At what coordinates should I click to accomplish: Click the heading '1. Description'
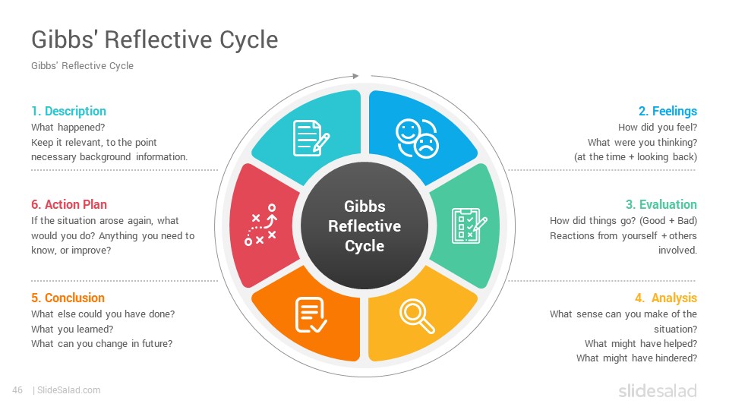[x=69, y=111]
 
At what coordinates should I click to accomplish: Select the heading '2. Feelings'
[x=667, y=111]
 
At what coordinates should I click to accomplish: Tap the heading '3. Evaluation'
[x=661, y=204]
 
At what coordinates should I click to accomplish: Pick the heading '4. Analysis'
[x=666, y=298]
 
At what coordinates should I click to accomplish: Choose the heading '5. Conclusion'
[x=68, y=298]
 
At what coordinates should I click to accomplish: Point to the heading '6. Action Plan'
[x=69, y=204]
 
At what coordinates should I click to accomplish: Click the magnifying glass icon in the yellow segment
[x=417, y=317]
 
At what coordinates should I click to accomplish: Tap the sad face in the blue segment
[x=426, y=146]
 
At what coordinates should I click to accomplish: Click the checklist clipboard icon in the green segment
[x=469, y=226]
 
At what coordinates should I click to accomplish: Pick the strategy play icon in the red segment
[x=260, y=225]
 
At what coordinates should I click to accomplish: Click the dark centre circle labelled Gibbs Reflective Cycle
[x=364, y=226]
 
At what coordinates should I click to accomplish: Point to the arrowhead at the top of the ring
[x=355, y=76]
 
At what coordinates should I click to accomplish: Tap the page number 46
[x=17, y=390]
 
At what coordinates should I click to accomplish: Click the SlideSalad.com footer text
[x=69, y=390]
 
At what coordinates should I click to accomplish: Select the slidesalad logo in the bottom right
[x=658, y=390]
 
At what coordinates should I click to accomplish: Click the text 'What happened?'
[x=68, y=128]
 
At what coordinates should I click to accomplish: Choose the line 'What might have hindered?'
[x=636, y=358]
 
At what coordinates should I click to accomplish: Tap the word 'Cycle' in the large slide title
[x=249, y=39]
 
